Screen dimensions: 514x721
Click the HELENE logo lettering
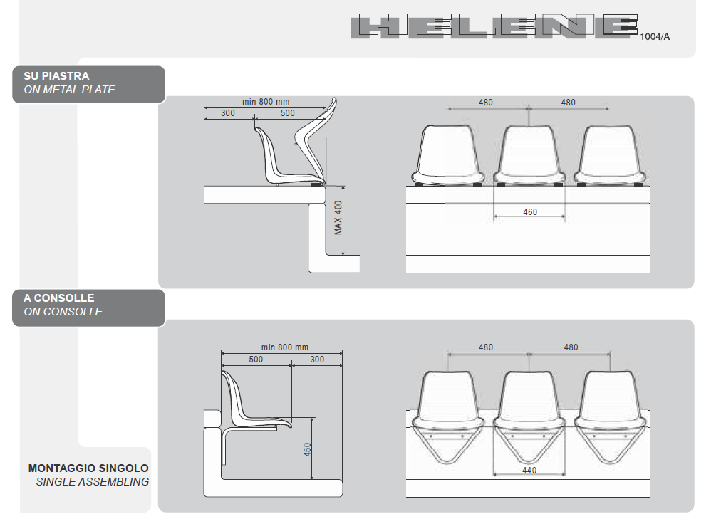tap(494, 26)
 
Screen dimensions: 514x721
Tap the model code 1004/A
tap(655, 36)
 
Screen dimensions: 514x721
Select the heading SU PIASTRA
tap(56, 75)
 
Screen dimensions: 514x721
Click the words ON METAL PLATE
tap(69, 90)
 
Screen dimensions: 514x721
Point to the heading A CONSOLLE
tap(58, 298)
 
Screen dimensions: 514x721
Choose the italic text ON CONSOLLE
tap(63, 312)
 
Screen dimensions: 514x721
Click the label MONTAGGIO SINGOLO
tap(88, 468)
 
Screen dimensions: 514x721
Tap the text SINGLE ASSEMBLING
tap(92, 482)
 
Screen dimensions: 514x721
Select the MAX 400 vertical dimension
tap(338, 217)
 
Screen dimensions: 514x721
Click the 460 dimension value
tap(529, 211)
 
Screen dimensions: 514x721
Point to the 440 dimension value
tap(529, 471)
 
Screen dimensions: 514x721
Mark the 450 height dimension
tap(308, 450)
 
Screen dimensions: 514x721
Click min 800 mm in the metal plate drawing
tap(265, 102)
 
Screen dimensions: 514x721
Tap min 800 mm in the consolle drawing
tap(284, 347)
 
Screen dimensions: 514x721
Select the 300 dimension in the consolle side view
tap(316, 360)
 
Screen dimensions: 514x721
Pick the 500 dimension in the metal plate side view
tap(286, 113)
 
